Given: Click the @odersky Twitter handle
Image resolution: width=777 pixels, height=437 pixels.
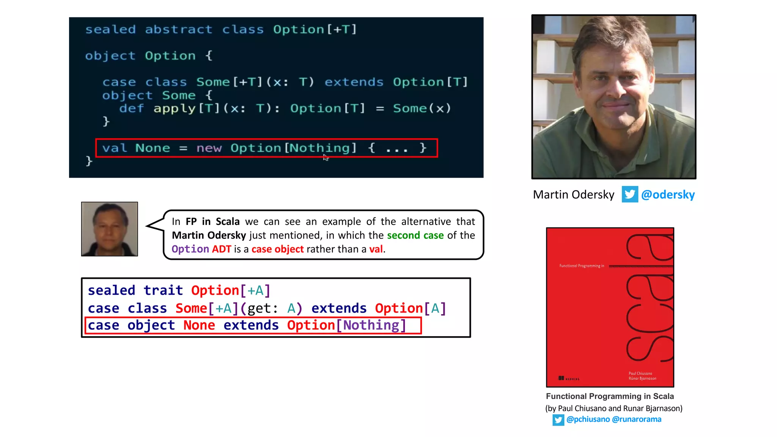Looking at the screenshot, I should coord(668,195).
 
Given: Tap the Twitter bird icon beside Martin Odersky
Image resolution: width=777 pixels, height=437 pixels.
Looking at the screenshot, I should coord(630,194).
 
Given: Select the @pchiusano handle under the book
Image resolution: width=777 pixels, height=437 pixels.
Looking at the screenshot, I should coord(588,419).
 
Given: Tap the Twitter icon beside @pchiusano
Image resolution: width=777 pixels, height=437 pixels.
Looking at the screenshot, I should coord(558,420).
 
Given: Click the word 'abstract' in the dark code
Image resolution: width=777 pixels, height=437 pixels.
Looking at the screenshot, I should coord(178,30).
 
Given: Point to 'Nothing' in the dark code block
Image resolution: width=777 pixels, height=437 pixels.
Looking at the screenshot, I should coord(320,148).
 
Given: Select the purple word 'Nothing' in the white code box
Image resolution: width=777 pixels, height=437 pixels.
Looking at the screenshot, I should coord(371,325).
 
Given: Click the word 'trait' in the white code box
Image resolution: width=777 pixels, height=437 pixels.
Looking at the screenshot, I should coord(163,290).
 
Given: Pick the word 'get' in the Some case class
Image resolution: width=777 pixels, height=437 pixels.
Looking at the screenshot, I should coord(259,308).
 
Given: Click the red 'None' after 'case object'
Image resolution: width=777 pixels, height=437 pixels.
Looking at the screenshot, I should coord(199,325).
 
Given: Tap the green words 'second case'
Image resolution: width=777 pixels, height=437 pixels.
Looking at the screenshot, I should coord(415,235).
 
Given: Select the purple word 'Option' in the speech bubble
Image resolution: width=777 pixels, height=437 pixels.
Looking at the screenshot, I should coord(190,249).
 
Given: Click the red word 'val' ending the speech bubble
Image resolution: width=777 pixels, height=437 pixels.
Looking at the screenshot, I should coord(376,249).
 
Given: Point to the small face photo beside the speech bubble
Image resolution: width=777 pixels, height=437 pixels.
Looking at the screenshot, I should coord(110,229).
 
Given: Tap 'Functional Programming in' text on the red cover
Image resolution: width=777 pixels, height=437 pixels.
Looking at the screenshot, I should coord(582,266).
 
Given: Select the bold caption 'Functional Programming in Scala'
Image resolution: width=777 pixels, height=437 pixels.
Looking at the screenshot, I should coord(610,396).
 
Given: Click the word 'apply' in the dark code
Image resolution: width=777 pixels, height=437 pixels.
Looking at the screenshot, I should coord(174,108).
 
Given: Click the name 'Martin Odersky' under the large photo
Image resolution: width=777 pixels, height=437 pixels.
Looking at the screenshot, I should coord(573,195).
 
